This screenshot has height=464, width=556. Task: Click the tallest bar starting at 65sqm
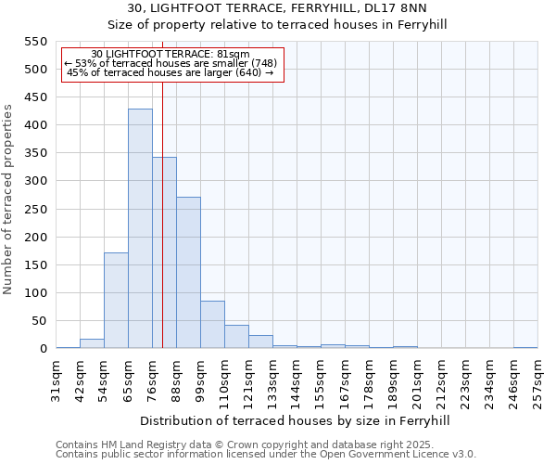coord(140,228)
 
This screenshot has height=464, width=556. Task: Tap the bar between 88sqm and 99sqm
coord(188,273)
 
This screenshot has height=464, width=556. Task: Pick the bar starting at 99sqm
coord(212,325)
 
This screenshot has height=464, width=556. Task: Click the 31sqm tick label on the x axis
coord(57,379)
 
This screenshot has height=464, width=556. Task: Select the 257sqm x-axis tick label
coord(538,379)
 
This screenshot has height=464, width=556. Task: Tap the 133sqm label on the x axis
coord(273,379)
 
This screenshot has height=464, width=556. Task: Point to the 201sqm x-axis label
coord(418,379)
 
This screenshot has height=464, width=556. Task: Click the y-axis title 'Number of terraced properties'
coord(9,200)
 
